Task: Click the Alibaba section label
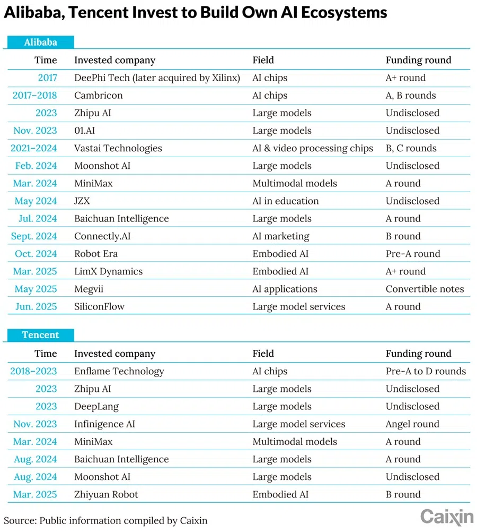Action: (x=40, y=42)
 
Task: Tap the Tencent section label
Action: (x=40, y=335)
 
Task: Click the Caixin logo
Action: (x=447, y=516)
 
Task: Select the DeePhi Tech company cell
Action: (x=157, y=78)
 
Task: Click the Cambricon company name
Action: (x=99, y=96)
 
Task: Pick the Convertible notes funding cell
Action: (x=425, y=289)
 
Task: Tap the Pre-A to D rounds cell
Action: (x=426, y=372)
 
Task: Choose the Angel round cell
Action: (x=412, y=424)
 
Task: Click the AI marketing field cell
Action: (x=281, y=236)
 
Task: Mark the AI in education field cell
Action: (x=286, y=201)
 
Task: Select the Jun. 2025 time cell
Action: (x=36, y=307)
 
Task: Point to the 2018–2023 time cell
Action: (x=33, y=372)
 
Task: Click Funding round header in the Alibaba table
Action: (x=418, y=60)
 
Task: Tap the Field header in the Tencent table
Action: (x=263, y=354)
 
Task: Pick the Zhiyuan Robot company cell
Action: (x=106, y=495)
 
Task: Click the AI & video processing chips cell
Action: (x=313, y=148)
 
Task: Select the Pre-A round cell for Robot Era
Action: (x=413, y=254)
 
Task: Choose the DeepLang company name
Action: (x=96, y=407)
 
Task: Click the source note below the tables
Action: (x=105, y=520)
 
